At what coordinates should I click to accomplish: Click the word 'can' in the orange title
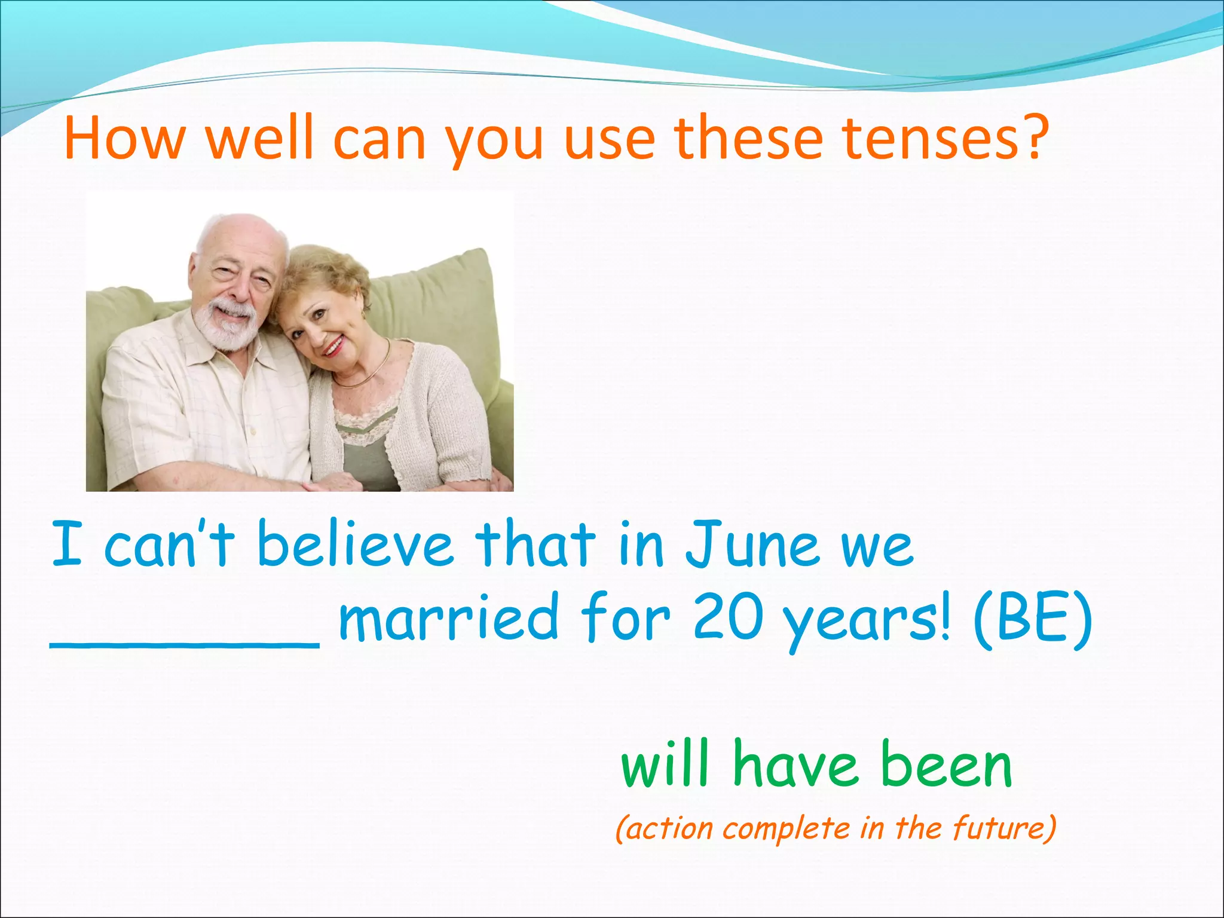pos(379,139)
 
